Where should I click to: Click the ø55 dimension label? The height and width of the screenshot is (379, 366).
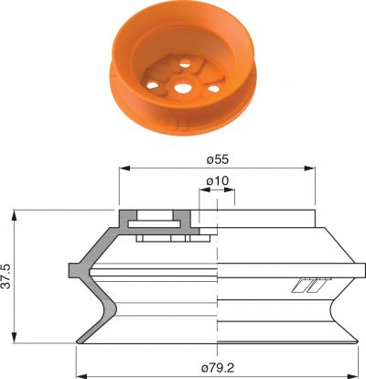click(x=217, y=158)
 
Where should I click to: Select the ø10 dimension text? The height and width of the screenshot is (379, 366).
click(x=217, y=181)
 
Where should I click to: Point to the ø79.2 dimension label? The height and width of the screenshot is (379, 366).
click(x=217, y=367)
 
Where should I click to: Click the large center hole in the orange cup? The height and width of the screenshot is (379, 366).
click(x=184, y=89)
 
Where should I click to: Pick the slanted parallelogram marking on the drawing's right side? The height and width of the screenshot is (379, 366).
click(x=307, y=286)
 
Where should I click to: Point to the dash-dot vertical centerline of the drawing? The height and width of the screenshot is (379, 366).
click(x=217, y=275)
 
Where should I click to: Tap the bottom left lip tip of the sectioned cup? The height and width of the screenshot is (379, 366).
click(x=78, y=341)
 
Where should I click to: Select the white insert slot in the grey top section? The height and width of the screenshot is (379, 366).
click(x=156, y=222)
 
